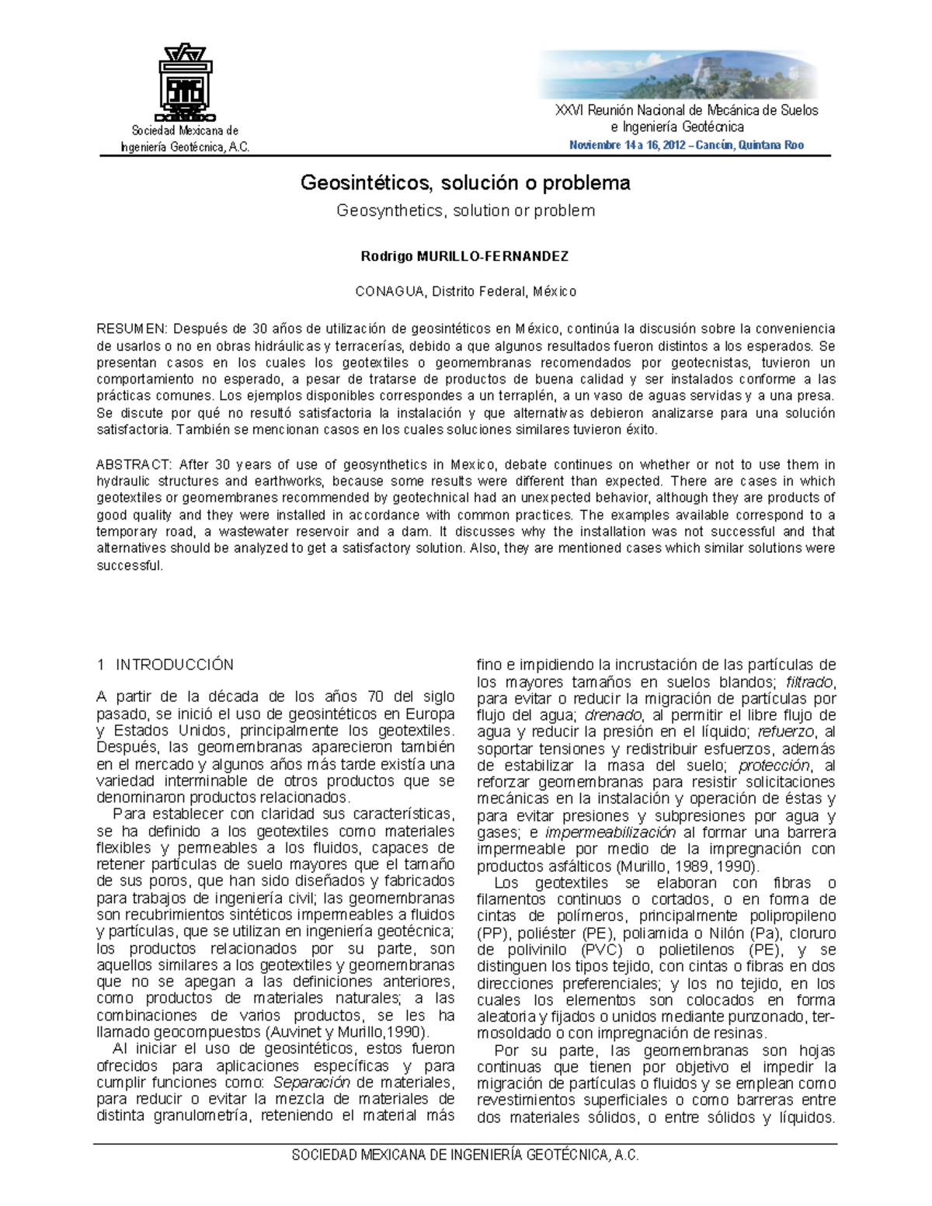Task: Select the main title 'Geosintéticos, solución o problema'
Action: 465,183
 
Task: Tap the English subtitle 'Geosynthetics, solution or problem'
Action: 465,210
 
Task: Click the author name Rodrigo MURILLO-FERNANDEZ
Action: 465,255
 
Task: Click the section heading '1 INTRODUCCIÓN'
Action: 165,665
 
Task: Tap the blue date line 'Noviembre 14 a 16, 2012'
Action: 626,145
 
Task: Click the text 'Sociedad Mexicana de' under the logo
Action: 185,130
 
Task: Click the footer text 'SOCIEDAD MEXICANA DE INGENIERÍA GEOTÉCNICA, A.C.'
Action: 465,1156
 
